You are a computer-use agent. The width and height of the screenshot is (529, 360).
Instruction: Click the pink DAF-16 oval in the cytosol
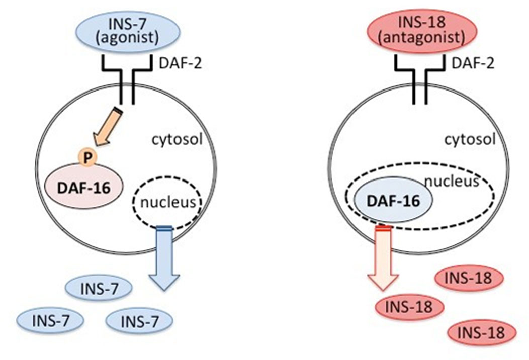pos(84,186)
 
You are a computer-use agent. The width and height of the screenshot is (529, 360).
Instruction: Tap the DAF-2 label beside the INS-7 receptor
pos(180,63)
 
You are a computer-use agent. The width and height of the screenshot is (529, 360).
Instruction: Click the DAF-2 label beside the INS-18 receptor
pos(473,63)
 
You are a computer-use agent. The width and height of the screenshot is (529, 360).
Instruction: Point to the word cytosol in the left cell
pos(177,139)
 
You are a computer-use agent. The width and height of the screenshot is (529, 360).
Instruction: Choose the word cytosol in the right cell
pos(470,139)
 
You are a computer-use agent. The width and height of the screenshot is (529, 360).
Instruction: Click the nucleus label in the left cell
pos(167,202)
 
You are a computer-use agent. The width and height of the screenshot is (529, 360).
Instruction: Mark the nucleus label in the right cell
pos(452,182)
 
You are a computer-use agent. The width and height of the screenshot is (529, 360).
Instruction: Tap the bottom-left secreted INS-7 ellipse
pos(50,321)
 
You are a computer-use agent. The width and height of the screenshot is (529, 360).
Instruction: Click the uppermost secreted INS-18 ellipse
pos(469,278)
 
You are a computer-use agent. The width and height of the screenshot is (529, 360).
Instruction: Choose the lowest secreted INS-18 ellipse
pos(482,333)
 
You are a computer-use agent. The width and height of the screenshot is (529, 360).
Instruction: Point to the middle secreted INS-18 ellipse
pos(409,307)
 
